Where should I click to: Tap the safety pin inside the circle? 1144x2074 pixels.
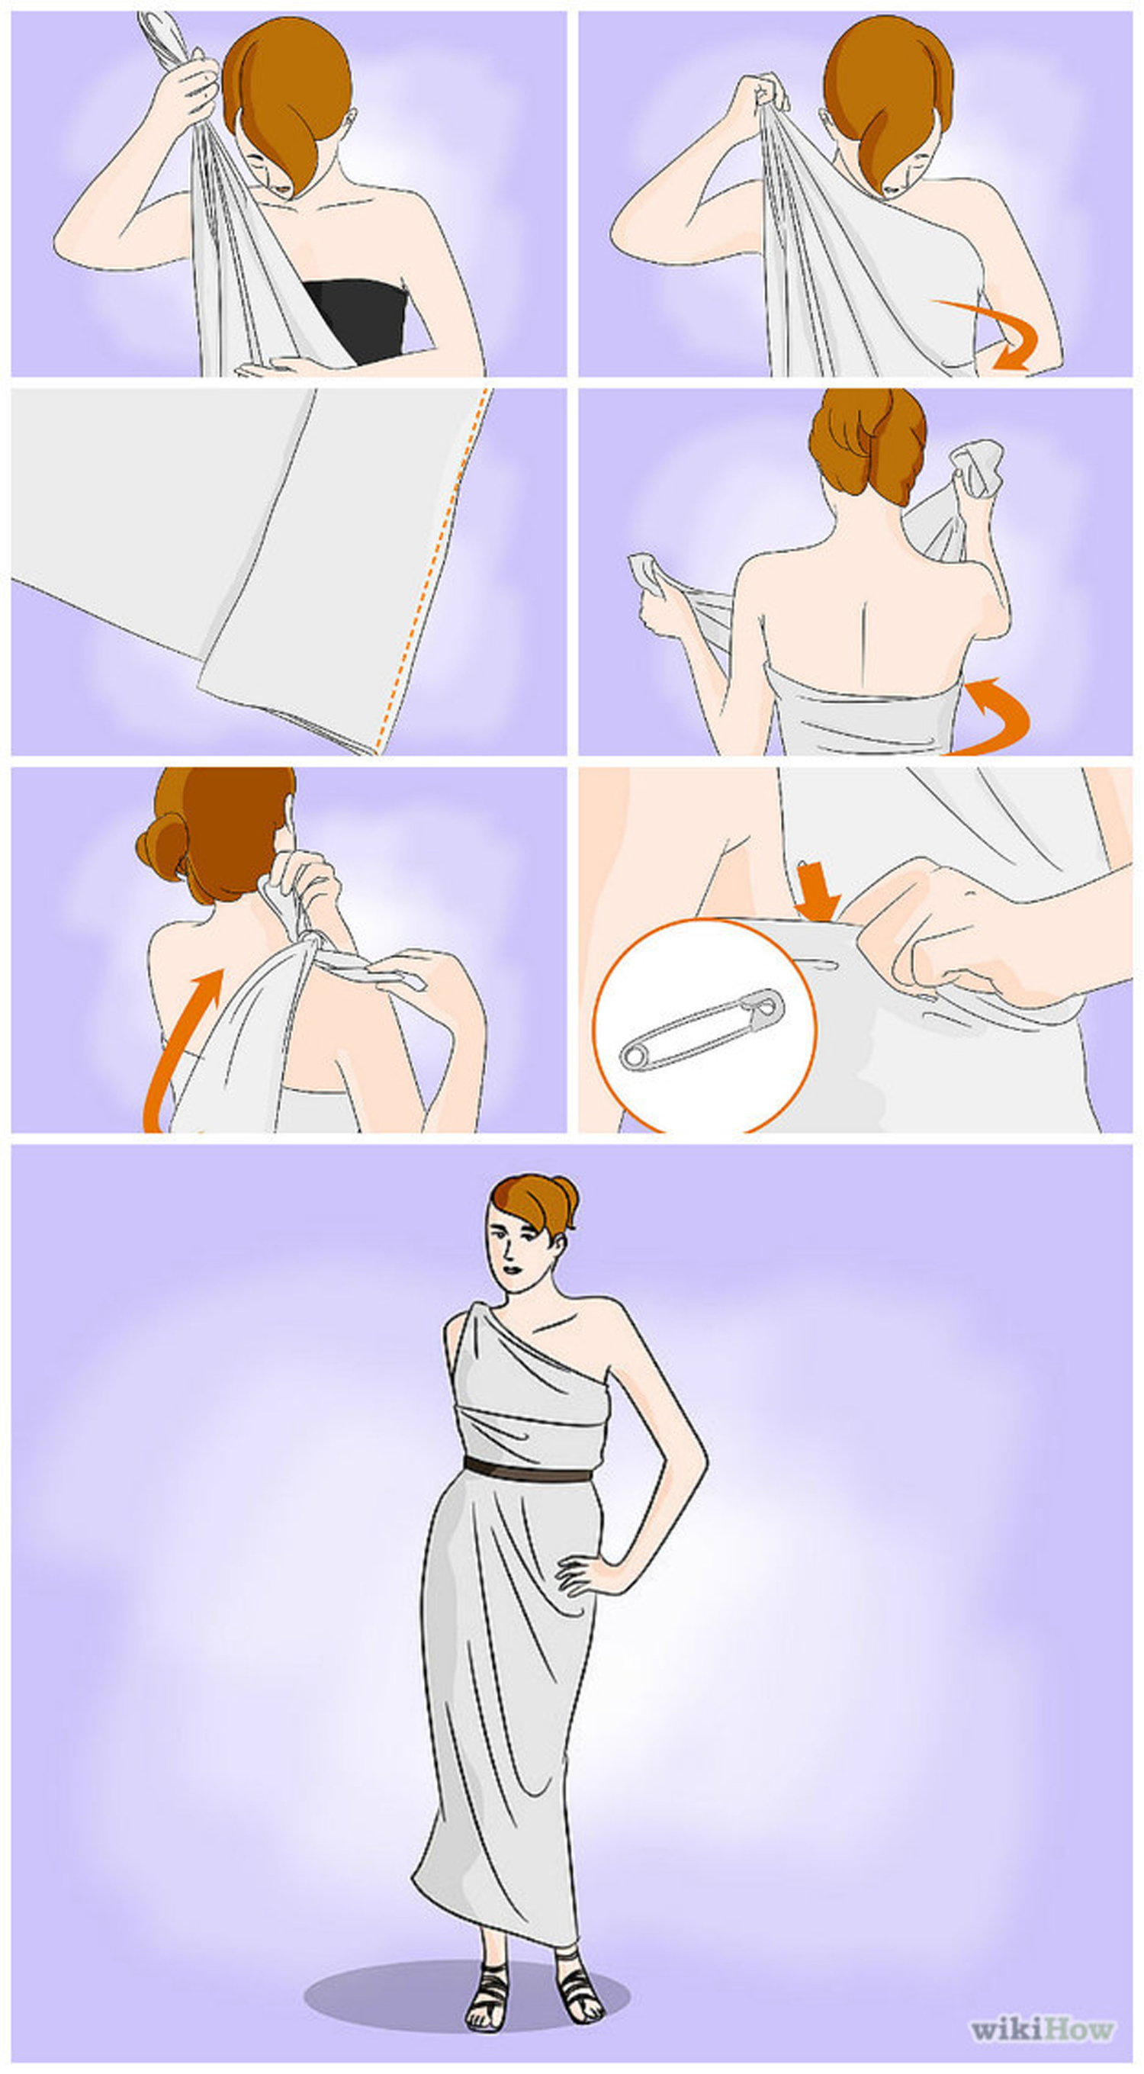701,1030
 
